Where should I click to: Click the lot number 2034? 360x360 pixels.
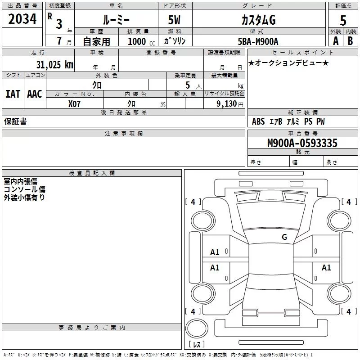coord(22,19)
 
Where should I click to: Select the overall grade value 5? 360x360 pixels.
coord(343,20)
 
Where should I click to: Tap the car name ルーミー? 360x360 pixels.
coord(116,20)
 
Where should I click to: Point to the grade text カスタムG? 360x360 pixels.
coord(258,20)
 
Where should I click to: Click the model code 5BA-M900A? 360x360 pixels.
coord(258,41)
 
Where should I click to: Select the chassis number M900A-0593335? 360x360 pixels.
coord(302,143)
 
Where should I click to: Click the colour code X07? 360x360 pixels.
coord(75,103)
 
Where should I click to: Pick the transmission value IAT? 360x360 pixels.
coord(13,94)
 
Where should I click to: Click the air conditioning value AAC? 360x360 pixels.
coord(34,94)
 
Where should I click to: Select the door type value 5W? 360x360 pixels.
coord(175,20)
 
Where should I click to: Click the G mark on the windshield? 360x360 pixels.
coord(284,237)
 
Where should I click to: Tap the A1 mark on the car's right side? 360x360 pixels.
coord(326,268)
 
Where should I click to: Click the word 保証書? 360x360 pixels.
coord(15,121)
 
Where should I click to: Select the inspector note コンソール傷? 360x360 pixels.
coord(24,189)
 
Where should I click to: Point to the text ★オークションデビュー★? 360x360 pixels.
coord(288,63)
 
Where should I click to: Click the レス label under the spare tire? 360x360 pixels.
coord(197,345)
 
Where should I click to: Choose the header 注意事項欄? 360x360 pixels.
coord(123,134)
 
